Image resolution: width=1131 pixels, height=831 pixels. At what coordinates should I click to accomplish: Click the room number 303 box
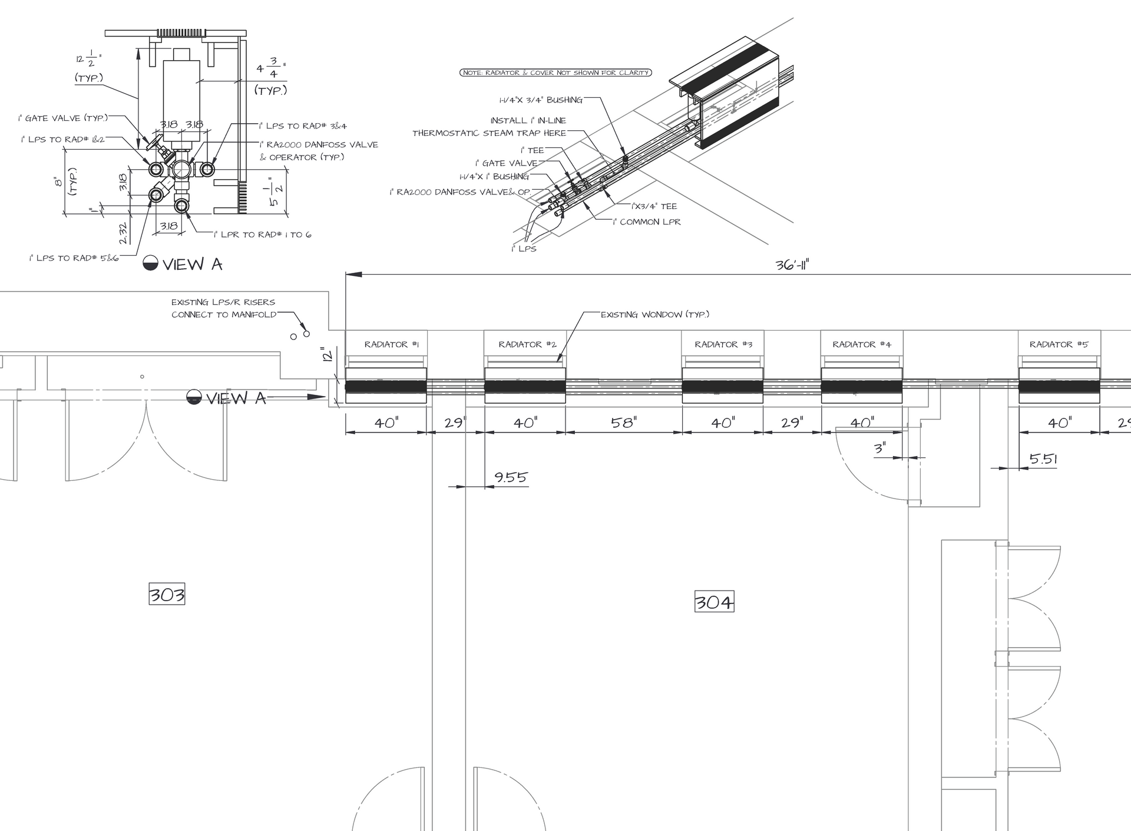coord(167,594)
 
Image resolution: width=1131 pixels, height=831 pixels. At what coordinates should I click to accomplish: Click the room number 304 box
coord(714,602)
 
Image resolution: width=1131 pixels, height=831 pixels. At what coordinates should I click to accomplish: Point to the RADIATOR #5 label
coord(1059,344)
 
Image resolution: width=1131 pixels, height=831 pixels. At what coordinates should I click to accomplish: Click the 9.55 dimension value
coord(510,477)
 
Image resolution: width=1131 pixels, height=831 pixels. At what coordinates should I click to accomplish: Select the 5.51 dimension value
coord(1043,459)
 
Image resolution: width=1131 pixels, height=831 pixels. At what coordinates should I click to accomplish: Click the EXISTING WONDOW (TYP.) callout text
coord(654,314)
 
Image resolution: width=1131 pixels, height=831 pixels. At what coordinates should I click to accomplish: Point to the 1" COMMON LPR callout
coord(646,222)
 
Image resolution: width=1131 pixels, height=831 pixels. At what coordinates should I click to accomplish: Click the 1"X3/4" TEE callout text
coord(654,206)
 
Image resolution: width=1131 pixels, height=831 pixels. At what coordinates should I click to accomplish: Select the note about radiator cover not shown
coord(555,72)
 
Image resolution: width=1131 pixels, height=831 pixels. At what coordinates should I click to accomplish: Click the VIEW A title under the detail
coord(191,264)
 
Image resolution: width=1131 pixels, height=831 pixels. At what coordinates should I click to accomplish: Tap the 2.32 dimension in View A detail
coord(123,233)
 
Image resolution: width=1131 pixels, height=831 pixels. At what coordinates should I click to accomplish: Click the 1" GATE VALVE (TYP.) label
coord(63,118)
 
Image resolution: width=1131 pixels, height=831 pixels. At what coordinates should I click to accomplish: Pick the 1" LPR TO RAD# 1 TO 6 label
coord(262,235)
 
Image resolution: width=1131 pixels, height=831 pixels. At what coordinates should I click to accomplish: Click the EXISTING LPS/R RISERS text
coord(223,302)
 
